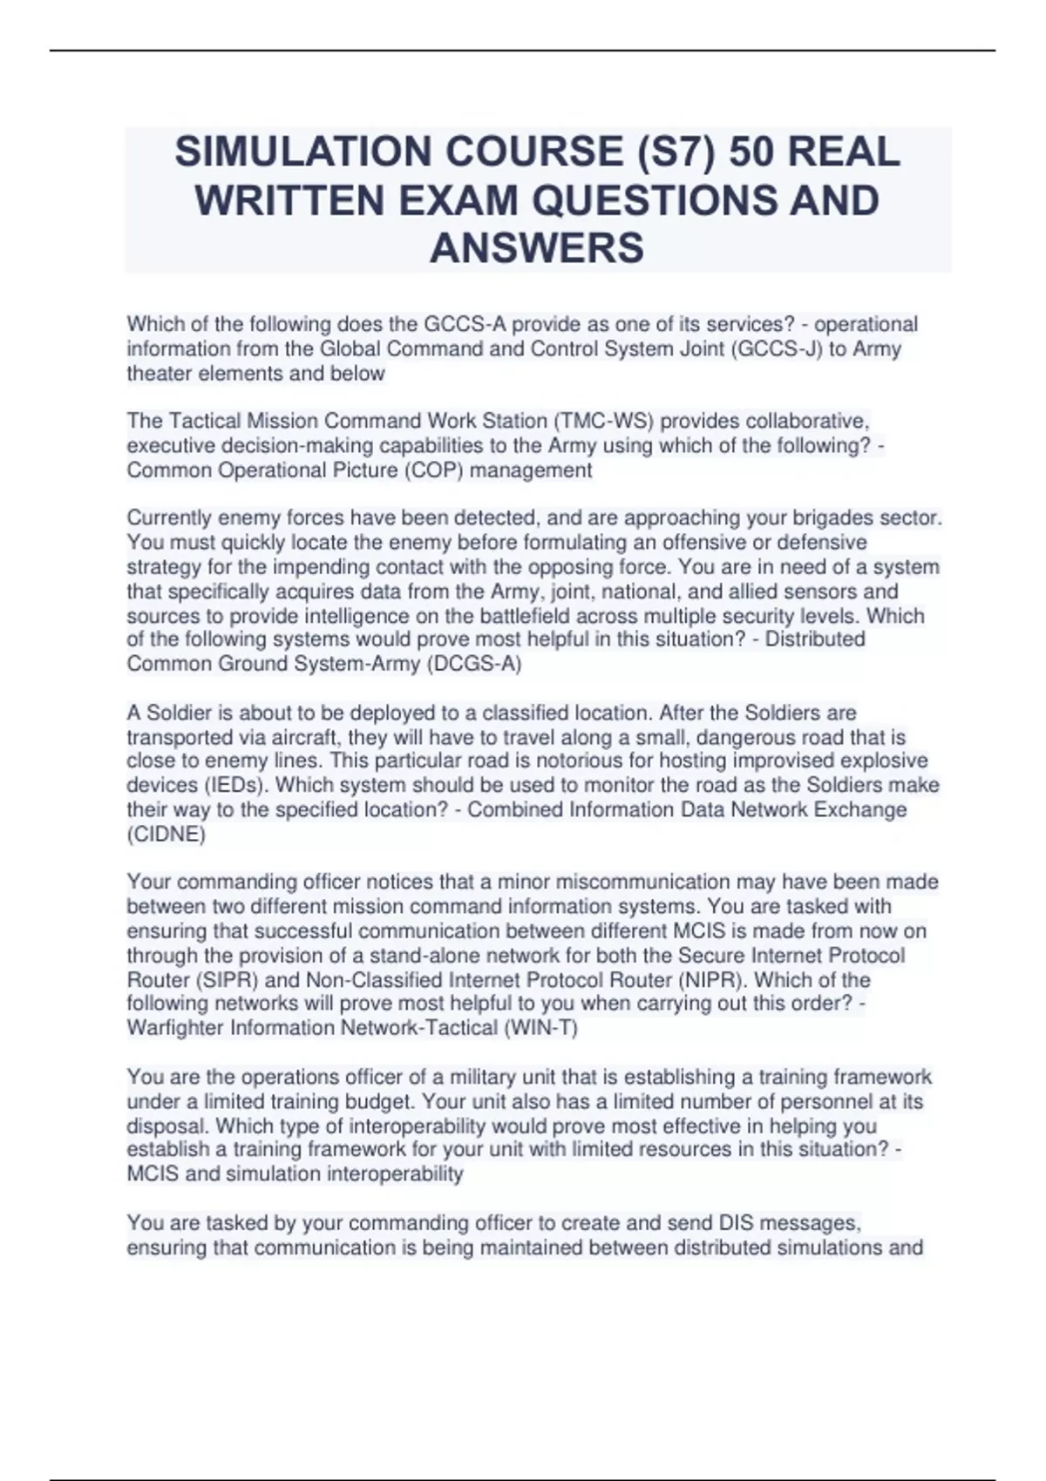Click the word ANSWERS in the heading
[x=537, y=248]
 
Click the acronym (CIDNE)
[x=166, y=834]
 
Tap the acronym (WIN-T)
[x=540, y=1028]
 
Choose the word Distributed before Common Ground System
[x=815, y=639]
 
